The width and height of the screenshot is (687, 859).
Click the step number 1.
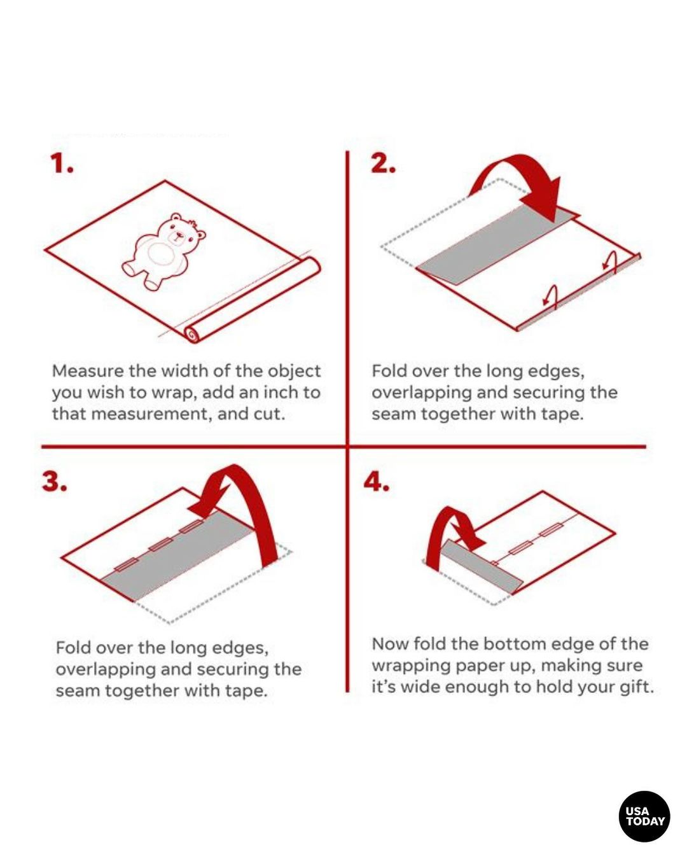62,164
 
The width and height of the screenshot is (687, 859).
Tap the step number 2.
383,164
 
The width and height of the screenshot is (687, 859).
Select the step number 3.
54,482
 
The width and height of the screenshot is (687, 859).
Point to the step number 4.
376,482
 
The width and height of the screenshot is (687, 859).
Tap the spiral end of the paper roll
191,333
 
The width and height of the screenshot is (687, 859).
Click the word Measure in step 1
88,371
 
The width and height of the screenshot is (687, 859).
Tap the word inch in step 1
279,393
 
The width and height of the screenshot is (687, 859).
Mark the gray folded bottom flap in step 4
481,568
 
